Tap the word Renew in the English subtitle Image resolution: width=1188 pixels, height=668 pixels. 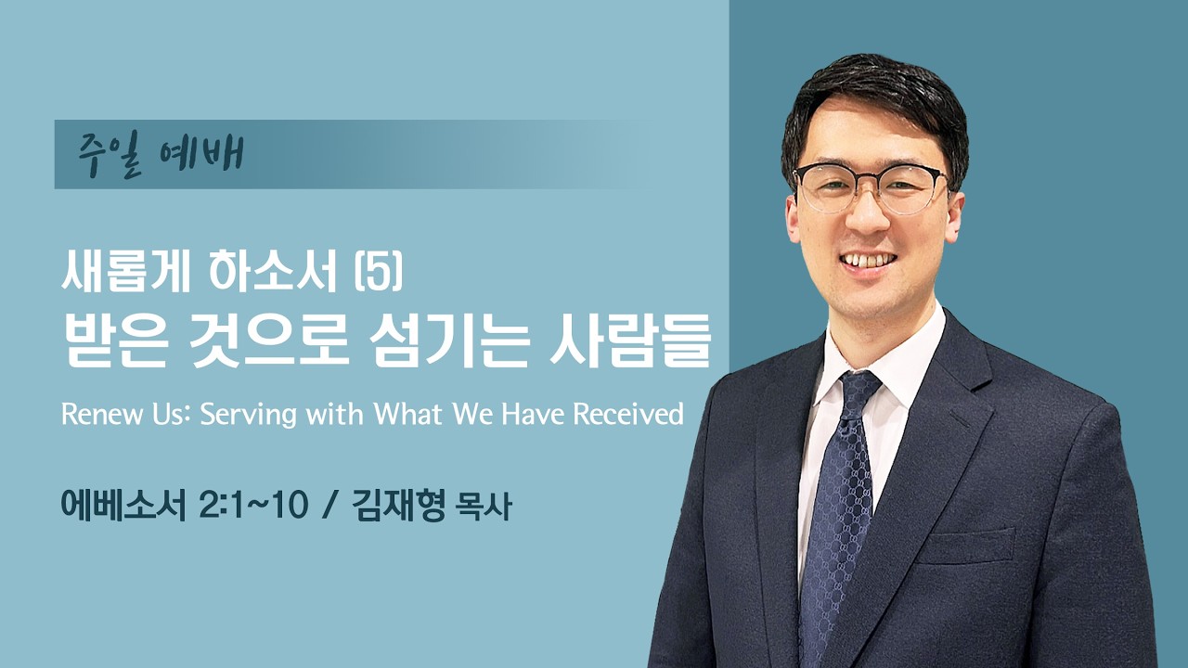[94, 414]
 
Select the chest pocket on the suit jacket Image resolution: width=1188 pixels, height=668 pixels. [966, 547]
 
